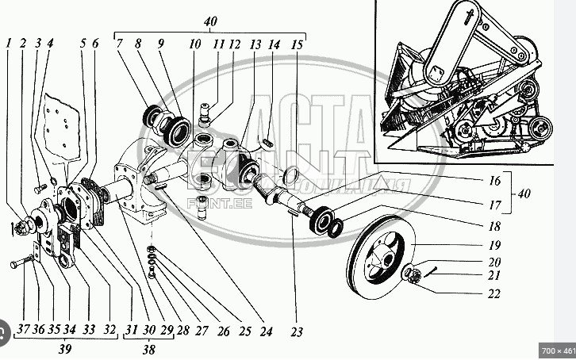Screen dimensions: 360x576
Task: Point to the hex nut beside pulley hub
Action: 413,275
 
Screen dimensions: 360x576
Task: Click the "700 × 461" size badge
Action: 555,350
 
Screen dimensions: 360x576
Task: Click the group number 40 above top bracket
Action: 209,22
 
